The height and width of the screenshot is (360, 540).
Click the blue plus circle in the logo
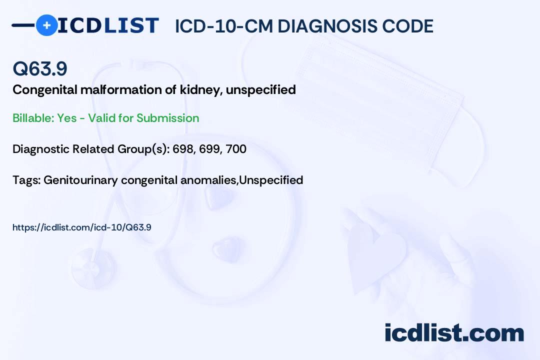coord(46,25)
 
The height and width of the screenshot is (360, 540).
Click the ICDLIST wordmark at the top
coord(108,25)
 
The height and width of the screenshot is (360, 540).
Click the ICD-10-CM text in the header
coord(224,26)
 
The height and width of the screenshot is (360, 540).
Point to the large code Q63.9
coord(40,69)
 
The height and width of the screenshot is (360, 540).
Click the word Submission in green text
coord(168,118)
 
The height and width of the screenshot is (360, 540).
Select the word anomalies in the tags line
coord(210,180)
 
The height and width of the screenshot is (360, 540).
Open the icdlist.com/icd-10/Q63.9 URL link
coord(82,227)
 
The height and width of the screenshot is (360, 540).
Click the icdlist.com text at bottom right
coord(454,332)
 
